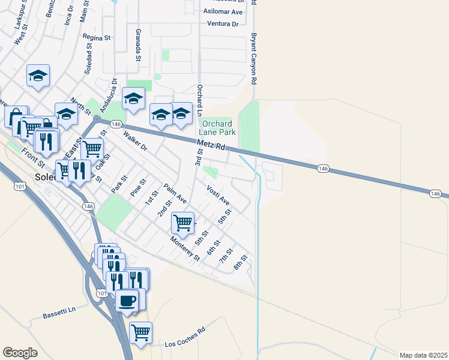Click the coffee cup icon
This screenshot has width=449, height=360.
[127, 299]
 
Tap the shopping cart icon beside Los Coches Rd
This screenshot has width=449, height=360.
[140, 331]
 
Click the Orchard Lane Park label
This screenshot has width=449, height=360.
[217, 128]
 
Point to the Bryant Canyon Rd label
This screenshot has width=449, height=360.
[254, 58]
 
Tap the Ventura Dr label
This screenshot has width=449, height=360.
[223, 24]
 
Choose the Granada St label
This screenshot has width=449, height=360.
[137, 45]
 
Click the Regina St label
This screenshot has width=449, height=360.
[97, 37]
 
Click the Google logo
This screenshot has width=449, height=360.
[20, 353]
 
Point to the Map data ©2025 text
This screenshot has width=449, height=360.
[423, 355]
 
